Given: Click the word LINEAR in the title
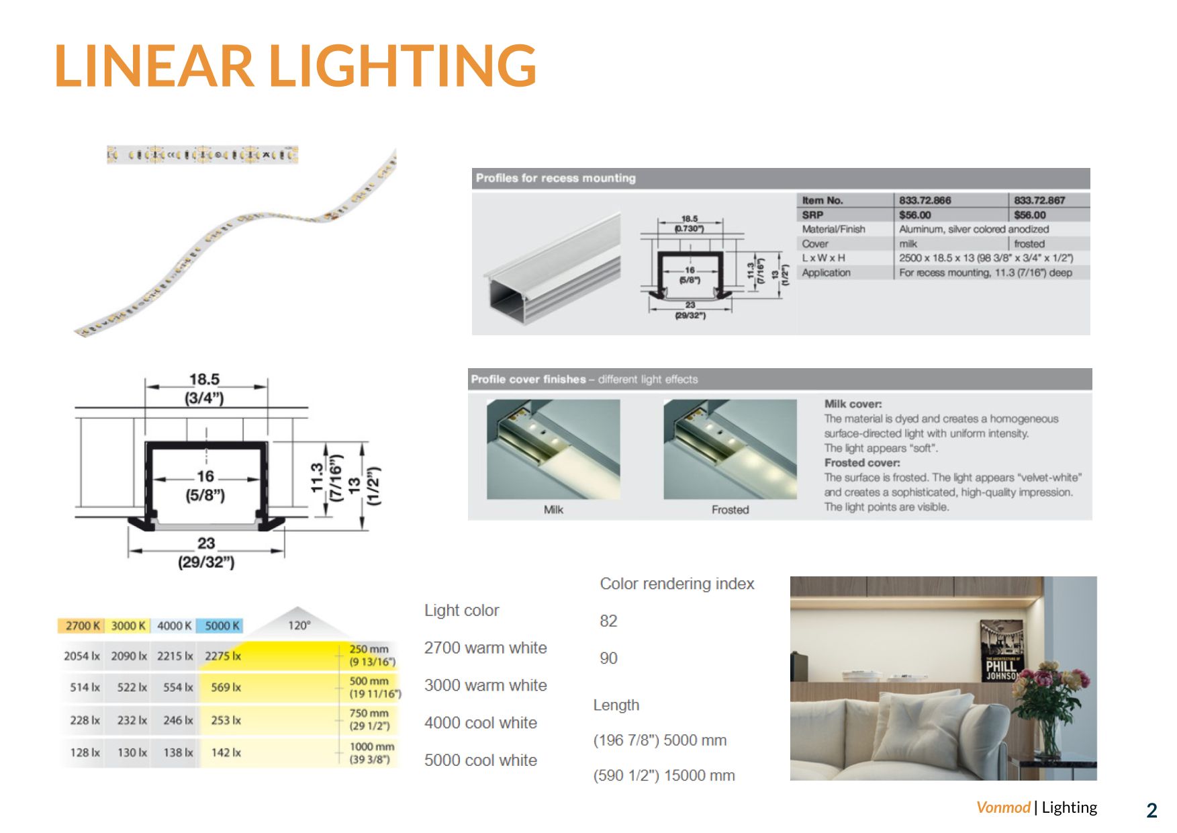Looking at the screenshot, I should coord(154,65).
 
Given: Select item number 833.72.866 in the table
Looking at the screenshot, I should coord(925,200).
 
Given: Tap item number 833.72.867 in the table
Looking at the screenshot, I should coord(1039,200).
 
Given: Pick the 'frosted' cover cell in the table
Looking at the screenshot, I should coord(1029,244).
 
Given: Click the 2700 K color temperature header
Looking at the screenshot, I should coord(82,625).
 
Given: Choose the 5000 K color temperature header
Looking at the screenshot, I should coord(222,625).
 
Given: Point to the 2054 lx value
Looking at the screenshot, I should coord(81,656).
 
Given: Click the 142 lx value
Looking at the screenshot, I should coord(226,752).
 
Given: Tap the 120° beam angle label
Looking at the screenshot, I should coord(299,625).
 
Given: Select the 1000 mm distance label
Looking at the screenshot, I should coord(371,747).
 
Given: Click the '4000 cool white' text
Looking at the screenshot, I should coord(480,723).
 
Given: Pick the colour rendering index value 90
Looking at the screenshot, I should coord(608,658).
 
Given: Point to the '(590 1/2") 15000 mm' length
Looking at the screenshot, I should coord(663,775).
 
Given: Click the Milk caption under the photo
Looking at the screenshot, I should coord(553,510).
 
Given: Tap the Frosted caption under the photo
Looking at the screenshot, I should coord(730,510).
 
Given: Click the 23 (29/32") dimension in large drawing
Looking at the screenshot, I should coord(206,552).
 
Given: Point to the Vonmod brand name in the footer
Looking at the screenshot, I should coord(1002,807).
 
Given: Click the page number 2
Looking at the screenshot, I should coord(1151,810).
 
